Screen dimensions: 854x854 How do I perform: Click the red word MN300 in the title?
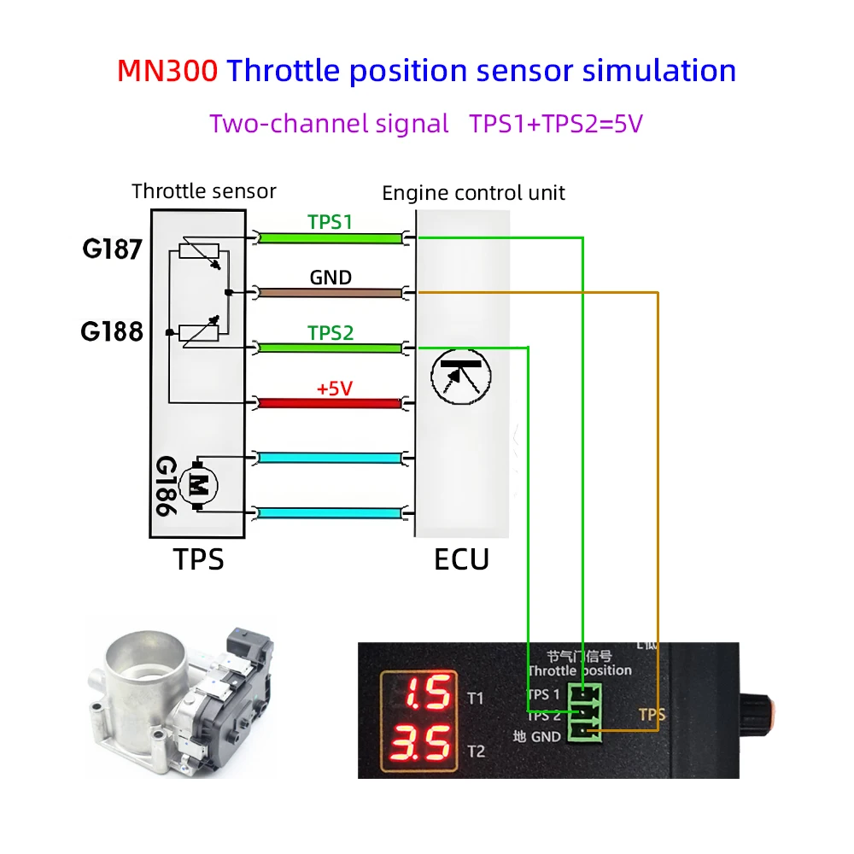click(167, 70)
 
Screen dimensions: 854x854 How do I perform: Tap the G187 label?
click(112, 250)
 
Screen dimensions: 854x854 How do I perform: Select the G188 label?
click(112, 331)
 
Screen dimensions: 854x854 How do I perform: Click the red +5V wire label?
click(334, 389)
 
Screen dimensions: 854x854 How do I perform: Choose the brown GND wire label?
click(330, 278)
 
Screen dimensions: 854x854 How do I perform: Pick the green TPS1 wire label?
click(330, 222)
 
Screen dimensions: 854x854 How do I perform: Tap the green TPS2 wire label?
click(330, 333)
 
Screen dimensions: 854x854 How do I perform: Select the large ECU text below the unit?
click(461, 559)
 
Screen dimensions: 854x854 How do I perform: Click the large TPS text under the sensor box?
click(198, 559)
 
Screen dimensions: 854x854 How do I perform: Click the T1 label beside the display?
click(477, 698)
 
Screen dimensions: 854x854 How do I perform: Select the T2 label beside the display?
click(477, 751)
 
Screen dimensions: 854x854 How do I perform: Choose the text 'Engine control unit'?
click(473, 193)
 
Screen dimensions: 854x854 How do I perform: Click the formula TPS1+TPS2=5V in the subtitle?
click(555, 123)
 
